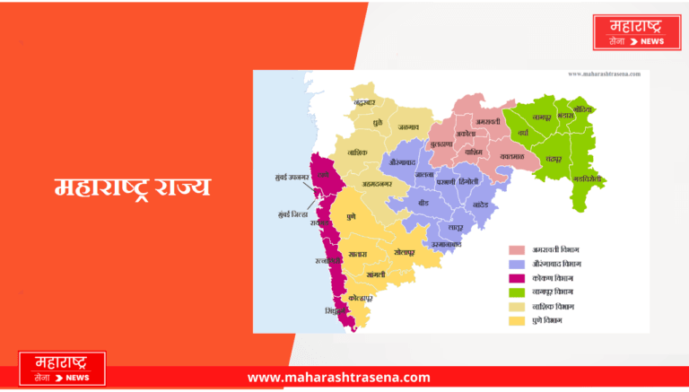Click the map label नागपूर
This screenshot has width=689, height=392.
click(x=539, y=118)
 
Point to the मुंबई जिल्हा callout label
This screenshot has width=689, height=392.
click(x=292, y=214)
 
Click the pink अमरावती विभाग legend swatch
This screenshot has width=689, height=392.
click(x=517, y=249)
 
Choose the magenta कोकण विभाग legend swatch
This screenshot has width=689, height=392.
click(x=517, y=278)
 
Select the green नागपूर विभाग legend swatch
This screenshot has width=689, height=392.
click(x=517, y=292)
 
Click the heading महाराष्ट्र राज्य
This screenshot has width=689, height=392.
click(x=132, y=187)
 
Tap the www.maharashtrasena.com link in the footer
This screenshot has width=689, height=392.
click(x=338, y=378)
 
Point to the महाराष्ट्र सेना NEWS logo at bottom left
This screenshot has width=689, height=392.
click(x=62, y=369)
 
